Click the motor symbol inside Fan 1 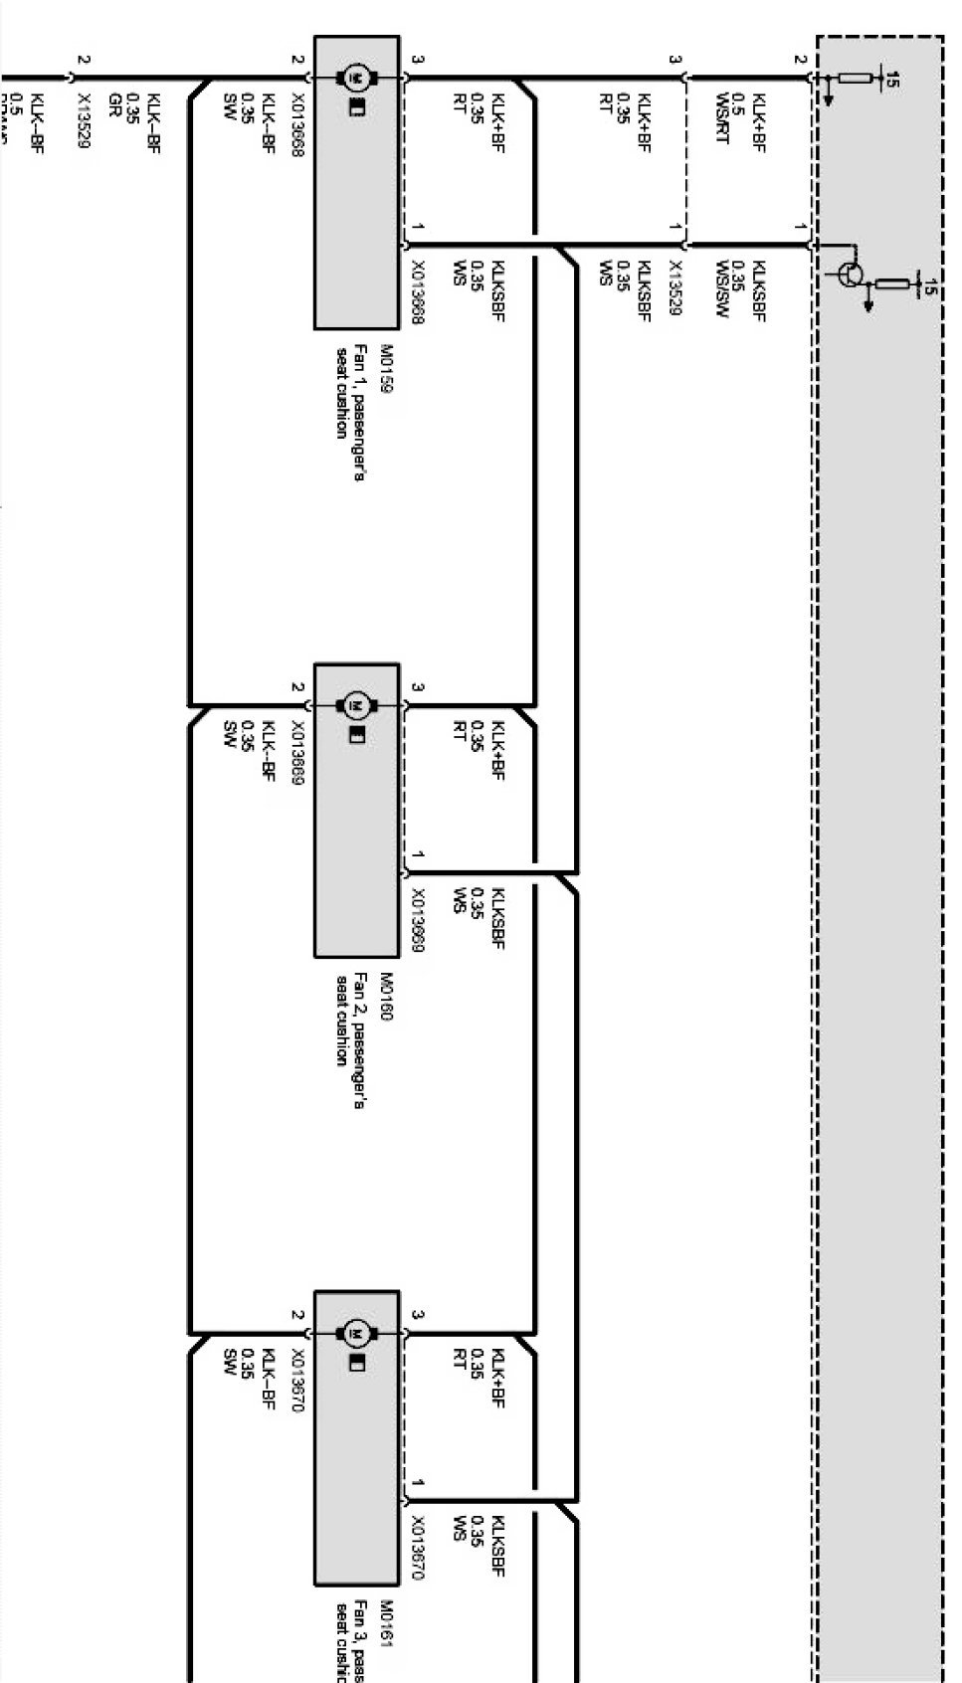click(355, 77)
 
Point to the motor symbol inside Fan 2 click(355, 704)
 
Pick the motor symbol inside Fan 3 click(355, 1333)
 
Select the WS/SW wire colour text click(722, 286)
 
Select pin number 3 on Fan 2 click(418, 687)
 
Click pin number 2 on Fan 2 click(295, 687)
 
